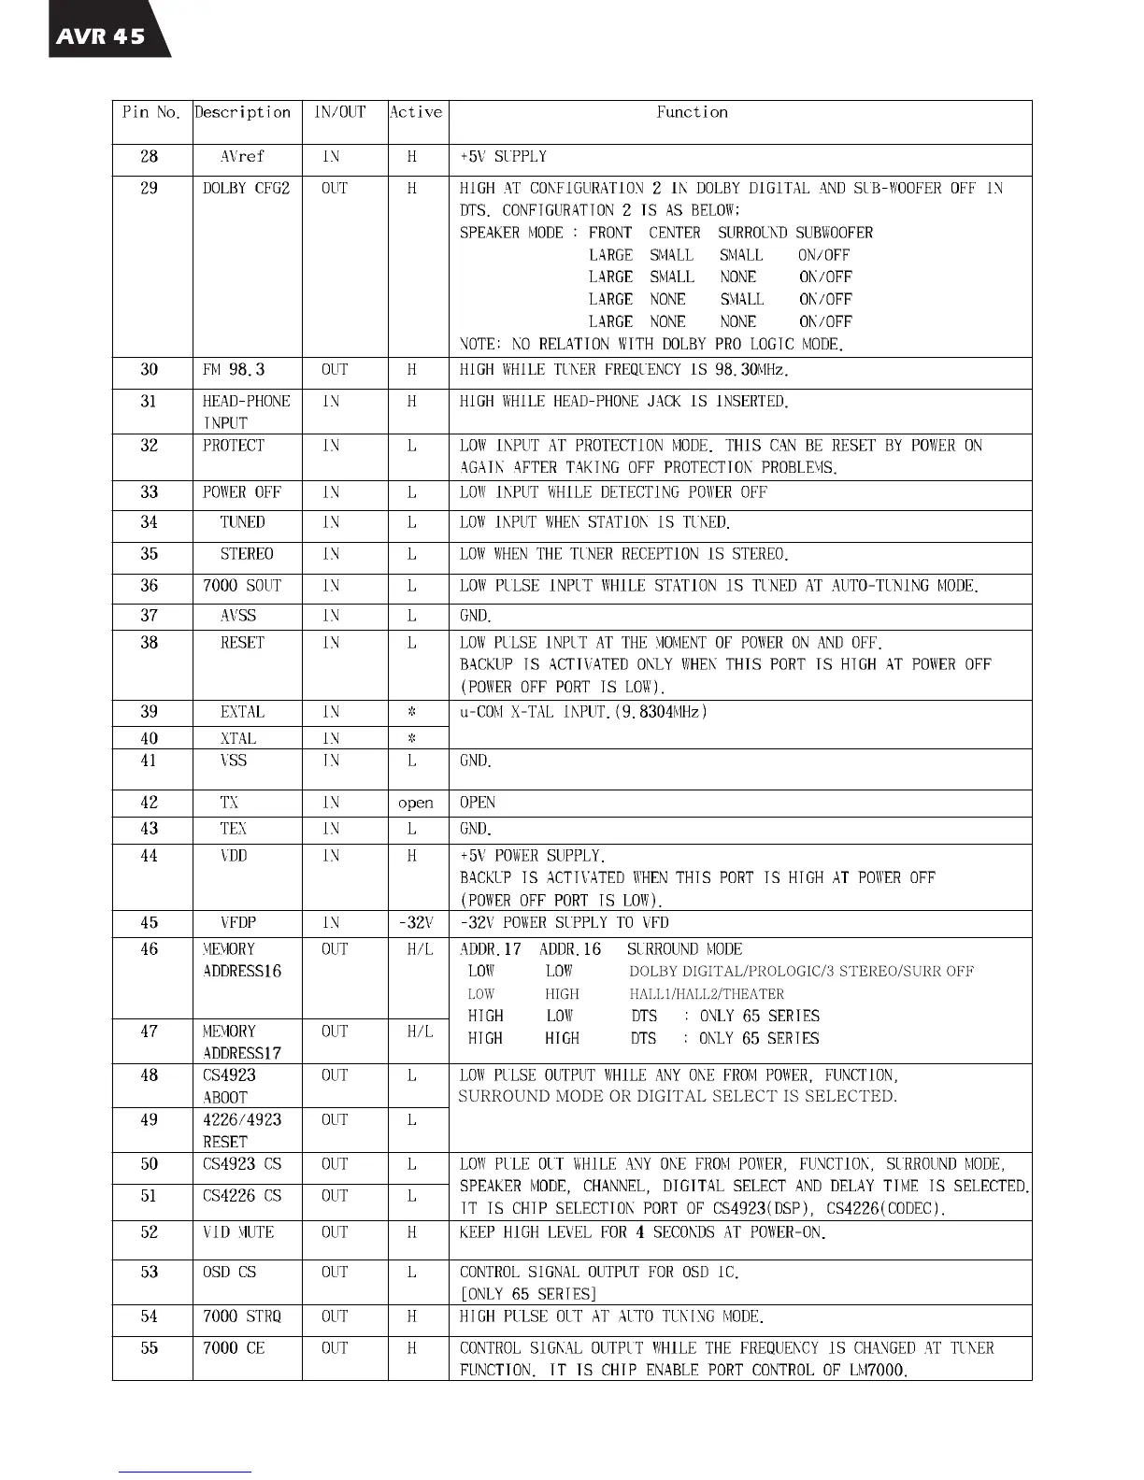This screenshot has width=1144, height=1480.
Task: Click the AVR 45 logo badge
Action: tap(103, 36)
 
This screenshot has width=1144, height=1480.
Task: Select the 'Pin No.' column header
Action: tap(150, 112)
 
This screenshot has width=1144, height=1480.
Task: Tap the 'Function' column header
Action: tap(692, 112)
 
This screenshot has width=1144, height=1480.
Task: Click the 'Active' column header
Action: tap(416, 112)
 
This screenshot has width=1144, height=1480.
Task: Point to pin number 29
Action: tap(150, 188)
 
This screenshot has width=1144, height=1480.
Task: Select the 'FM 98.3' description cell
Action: tap(234, 369)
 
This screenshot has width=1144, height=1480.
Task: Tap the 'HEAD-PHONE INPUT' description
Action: tap(246, 411)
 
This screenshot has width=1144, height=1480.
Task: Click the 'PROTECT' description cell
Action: tap(234, 446)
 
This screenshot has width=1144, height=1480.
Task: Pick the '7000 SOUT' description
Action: tap(242, 586)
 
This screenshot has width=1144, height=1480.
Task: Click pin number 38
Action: tap(150, 643)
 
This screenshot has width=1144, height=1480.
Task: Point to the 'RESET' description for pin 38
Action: tap(242, 643)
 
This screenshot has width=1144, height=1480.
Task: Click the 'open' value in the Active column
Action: tap(416, 803)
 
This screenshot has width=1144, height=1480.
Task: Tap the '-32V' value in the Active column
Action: tap(416, 923)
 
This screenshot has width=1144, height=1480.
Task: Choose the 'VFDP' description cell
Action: tap(238, 923)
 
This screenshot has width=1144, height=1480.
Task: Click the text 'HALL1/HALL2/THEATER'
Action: tap(707, 994)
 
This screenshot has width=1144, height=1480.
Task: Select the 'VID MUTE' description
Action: tap(238, 1232)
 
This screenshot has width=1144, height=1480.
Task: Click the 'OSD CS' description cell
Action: tap(229, 1273)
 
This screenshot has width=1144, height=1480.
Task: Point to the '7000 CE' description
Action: tap(234, 1348)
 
